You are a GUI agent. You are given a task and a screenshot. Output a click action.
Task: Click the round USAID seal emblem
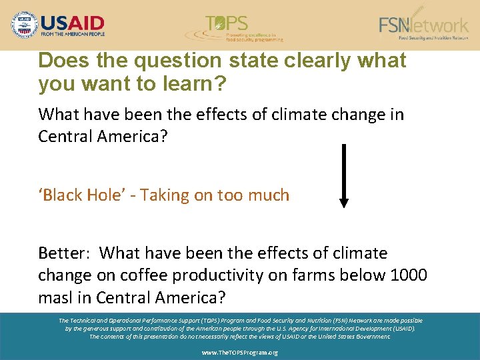coord(25,25)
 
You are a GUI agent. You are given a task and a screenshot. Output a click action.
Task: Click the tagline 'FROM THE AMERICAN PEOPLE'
coord(73,34)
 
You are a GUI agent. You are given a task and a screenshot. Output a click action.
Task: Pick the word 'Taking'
coord(167,195)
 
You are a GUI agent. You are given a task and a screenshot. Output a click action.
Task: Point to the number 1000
coord(410,275)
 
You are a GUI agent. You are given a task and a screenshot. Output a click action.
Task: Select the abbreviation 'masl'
coord(57,296)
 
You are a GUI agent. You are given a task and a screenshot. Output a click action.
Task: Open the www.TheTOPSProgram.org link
coord(240,352)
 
